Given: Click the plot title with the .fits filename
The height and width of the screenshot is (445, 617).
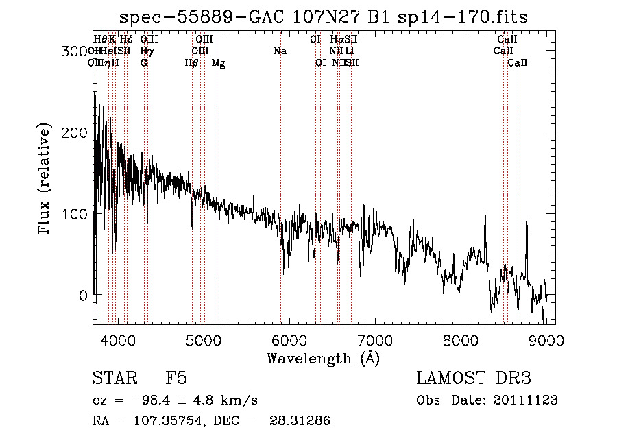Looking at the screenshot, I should coord(323,17).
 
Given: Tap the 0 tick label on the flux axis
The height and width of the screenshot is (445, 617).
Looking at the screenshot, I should coord(82,296).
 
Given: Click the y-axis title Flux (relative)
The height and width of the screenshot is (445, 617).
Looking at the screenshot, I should coord(46,180).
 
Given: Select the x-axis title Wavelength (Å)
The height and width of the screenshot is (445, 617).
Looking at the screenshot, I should coord(323,358).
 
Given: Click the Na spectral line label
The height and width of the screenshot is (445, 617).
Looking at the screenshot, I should coord(280,51).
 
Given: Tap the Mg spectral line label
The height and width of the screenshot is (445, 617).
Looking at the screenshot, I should coord(218,62).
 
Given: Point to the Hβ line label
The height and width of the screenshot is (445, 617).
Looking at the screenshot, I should coord(192,62).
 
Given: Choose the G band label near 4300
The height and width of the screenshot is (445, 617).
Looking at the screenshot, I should coord(144,62).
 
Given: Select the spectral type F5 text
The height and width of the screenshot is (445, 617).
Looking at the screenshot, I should coord(176,378).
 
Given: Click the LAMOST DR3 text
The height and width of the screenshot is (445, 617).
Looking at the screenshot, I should coord(474,378).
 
